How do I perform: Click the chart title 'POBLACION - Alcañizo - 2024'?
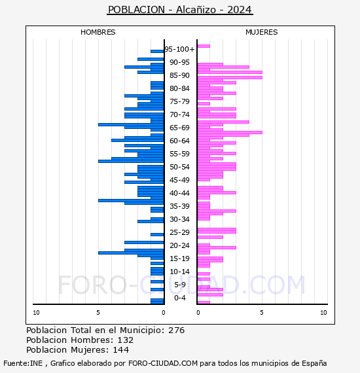click(x=180, y=10)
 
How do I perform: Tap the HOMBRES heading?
click(x=98, y=32)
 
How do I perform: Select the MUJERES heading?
click(x=262, y=32)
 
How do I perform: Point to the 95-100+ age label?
click(x=179, y=49)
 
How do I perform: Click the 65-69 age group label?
click(x=179, y=128)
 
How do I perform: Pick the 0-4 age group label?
click(x=180, y=298)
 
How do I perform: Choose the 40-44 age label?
click(x=179, y=193)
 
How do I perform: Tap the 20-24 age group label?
click(x=179, y=245)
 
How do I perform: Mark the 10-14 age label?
click(x=179, y=272)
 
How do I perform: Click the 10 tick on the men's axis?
click(x=36, y=313)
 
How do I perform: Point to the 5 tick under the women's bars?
click(x=262, y=313)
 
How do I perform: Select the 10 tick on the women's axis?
click(x=323, y=313)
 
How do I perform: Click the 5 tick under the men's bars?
click(x=98, y=313)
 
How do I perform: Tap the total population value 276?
click(x=176, y=330)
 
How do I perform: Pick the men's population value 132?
click(x=126, y=340)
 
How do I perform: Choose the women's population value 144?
click(x=121, y=349)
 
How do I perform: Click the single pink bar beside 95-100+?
click(x=204, y=46)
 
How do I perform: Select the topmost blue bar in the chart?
click(x=157, y=52)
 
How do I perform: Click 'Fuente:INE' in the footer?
click(x=23, y=363)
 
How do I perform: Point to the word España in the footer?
click(x=314, y=363)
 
